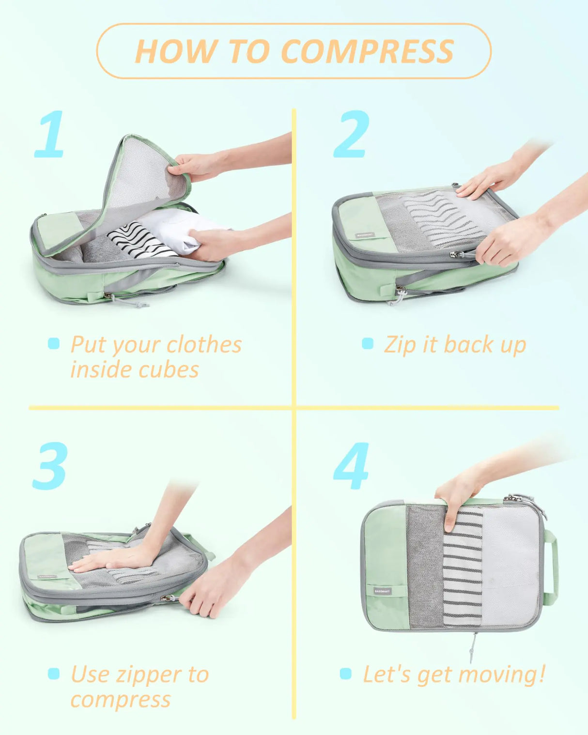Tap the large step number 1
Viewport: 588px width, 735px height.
(x=50, y=134)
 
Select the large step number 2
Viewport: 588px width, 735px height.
(x=352, y=134)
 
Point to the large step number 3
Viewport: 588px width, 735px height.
(x=50, y=466)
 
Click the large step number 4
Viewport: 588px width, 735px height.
(x=351, y=466)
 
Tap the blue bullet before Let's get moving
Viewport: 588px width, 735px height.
(x=345, y=674)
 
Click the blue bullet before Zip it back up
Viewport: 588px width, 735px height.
(x=368, y=344)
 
